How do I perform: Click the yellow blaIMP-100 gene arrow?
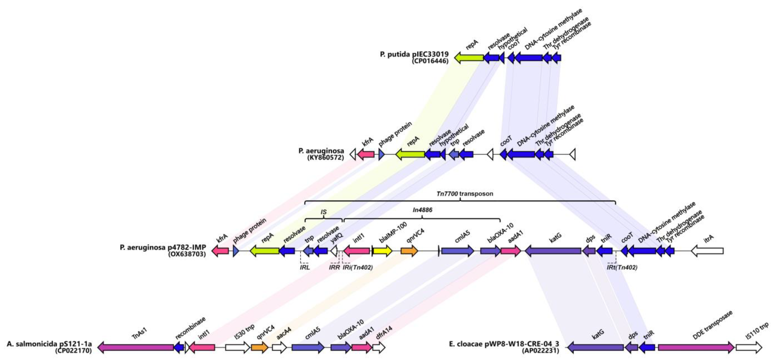(x=382, y=251)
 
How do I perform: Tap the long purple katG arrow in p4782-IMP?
(x=553, y=251)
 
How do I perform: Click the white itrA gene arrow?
(x=707, y=251)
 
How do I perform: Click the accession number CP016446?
(x=430, y=61)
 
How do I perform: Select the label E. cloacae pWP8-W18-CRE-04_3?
(x=504, y=344)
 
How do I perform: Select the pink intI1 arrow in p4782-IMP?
(x=357, y=251)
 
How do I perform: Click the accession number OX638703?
(x=187, y=254)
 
